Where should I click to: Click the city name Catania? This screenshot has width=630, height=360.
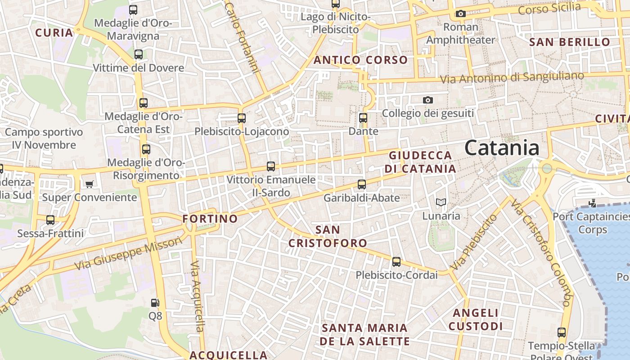pyautogui.click(x=502, y=148)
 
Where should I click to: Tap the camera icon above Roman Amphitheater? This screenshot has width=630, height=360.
pyautogui.click(x=460, y=14)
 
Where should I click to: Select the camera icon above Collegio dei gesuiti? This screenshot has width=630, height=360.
pyautogui.click(x=427, y=100)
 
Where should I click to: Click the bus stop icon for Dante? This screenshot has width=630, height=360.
pyautogui.click(x=363, y=118)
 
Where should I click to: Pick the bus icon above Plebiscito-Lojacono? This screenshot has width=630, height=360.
pyautogui.click(x=242, y=118)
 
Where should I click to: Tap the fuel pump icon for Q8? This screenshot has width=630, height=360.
pyautogui.click(x=155, y=303)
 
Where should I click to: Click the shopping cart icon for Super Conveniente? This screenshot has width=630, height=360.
pyautogui.click(x=89, y=184)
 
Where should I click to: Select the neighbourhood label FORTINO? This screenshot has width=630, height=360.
pyautogui.click(x=210, y=219)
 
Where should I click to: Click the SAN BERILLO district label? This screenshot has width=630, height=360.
pyautogui.click(x=570, y=42)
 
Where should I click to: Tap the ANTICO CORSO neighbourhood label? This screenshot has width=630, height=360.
pyautogui.click(x=360, y=60)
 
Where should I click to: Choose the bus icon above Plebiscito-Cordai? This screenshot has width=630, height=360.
pyautogui.click(x=396, y=261)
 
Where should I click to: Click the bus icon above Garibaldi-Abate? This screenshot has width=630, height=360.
pyautogui.click(x=362, y=184)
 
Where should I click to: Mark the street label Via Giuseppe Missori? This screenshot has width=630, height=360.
pyautogui.click(x=129, y=254)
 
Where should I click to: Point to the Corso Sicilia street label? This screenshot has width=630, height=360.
pyautogui.click(x=549, y=8)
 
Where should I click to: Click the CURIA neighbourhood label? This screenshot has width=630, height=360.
pyautogui.click(x=54, y=32)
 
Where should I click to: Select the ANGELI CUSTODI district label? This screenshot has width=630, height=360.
pyautogui.click(x=476, y=319)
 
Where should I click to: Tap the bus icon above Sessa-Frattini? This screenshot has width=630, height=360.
pyautogui.click(x=50, y=220)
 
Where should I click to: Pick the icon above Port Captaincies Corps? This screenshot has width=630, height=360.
pyautogui.click(x=592, y=203)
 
